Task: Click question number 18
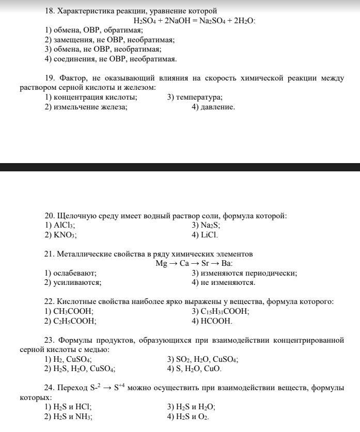[x=50, y=11]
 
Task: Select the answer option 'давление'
[x=217, y=107]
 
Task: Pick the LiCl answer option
[x=209, y=235]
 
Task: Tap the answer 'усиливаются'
[x=77, y=283]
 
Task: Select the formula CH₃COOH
[x=73, y=312]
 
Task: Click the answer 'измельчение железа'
[x=90, y=107]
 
